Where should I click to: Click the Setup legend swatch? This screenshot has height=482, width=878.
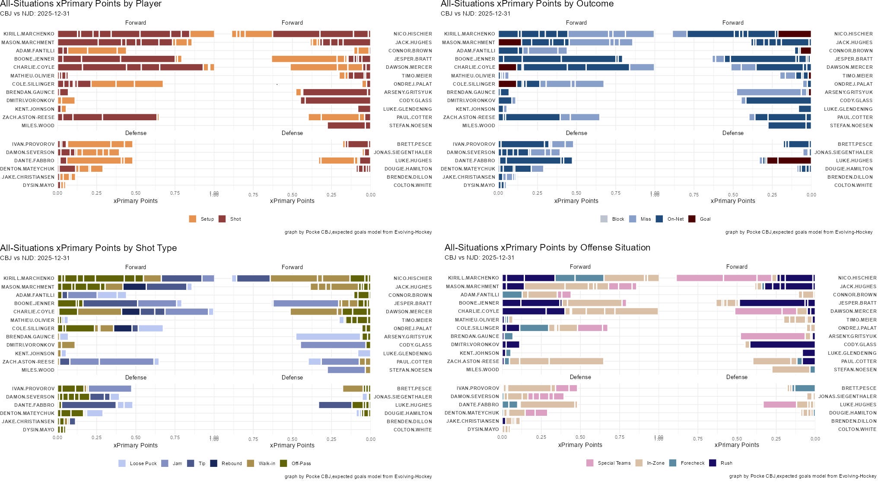click(193, 219)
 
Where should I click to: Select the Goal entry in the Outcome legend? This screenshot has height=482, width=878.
click(692, 219)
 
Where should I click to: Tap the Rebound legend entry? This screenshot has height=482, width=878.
click(213, 463)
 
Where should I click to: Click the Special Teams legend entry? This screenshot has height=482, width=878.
click(590, 463)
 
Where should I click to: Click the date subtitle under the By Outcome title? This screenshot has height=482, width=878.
click(476, 13)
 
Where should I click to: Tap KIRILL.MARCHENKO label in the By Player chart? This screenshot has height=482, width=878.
click(29, 34)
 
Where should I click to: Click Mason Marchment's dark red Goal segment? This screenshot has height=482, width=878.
click(509, 42)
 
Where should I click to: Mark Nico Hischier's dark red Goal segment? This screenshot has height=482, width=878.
click(794, 34)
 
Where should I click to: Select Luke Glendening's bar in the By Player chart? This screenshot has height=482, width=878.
click(364, 109)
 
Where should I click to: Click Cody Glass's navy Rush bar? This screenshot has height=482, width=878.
click(782, 344)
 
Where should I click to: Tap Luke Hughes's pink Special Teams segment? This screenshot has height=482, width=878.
click(779, 405)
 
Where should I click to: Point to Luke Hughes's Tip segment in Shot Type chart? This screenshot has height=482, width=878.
click(335, 405)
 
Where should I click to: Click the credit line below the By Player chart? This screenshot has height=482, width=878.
click(358, 232)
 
